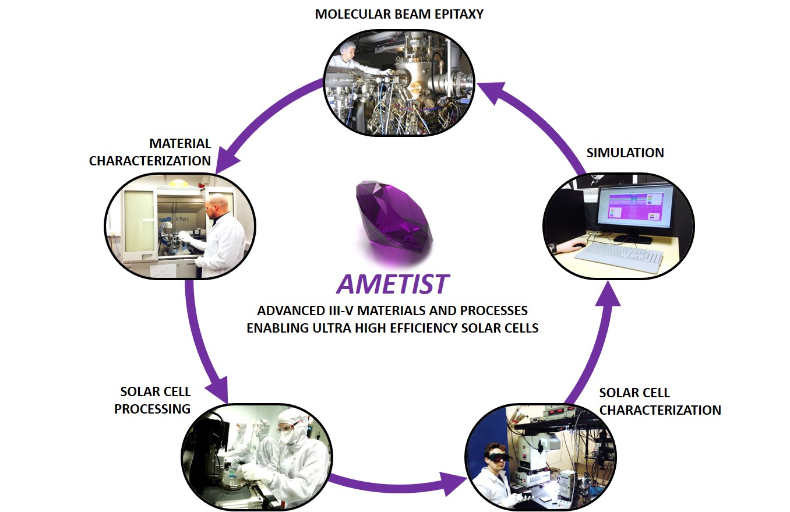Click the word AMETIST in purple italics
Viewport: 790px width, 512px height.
[x=392, y=284]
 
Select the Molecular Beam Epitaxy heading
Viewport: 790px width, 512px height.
[x=399, y=14]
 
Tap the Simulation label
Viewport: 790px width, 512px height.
[x=625, y=153]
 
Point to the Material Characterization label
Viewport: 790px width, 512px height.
[x=150, y=152]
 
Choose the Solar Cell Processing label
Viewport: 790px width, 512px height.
[x=153, y=400]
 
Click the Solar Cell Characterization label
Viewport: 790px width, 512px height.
[x=659, y=401]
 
